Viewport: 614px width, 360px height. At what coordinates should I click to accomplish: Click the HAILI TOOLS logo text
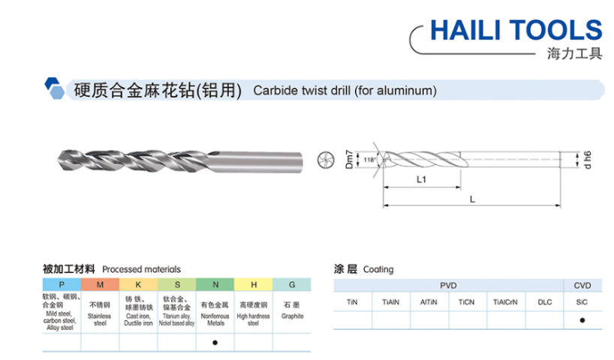click(516, 30)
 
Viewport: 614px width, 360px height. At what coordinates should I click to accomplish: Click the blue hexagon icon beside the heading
click(54, 88)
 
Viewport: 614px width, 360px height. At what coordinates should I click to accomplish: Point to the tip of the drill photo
click(59, 160)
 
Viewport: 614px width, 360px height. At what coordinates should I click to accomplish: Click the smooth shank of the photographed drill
click(258, 161)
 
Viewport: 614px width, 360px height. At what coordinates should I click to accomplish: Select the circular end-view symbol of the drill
click(326, 160)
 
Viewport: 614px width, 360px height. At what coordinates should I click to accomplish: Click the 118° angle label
click(369, 160)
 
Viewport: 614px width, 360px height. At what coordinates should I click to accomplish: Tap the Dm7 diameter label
click(349, 159)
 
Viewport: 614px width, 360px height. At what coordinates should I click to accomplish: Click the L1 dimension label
click(421, 179)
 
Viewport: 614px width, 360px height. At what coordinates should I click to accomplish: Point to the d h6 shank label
click(588, 160)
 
